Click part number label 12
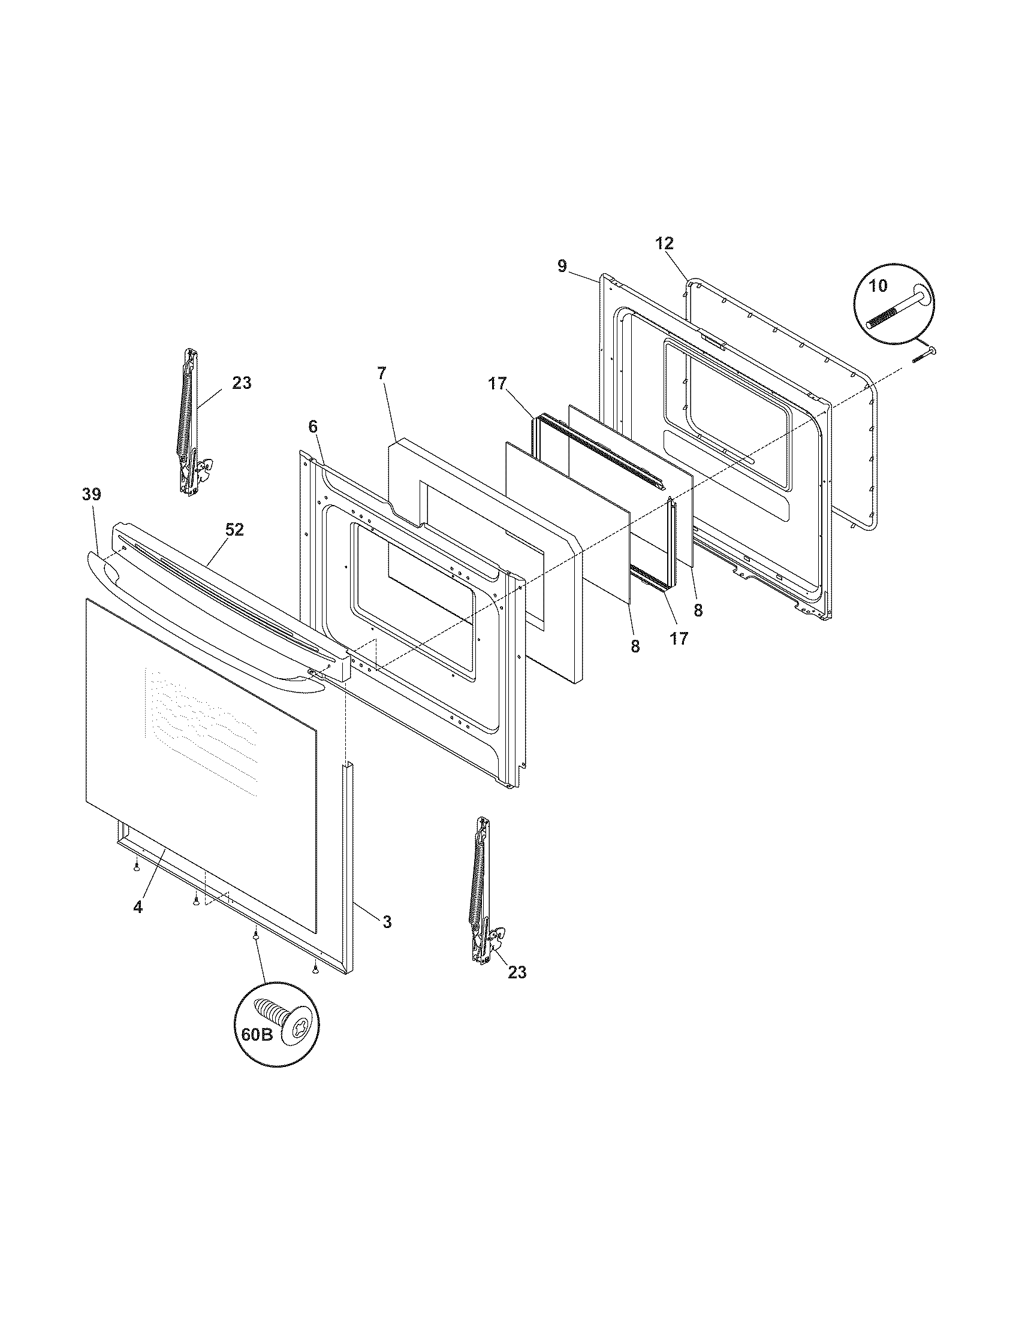point(665,244)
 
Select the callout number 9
point(562,266)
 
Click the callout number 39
point(92,494)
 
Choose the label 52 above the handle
point(234,529)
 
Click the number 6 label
point(312,427)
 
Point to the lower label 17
point(679,639)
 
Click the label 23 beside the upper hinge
point(242,383)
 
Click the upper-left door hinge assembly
point(191,422)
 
